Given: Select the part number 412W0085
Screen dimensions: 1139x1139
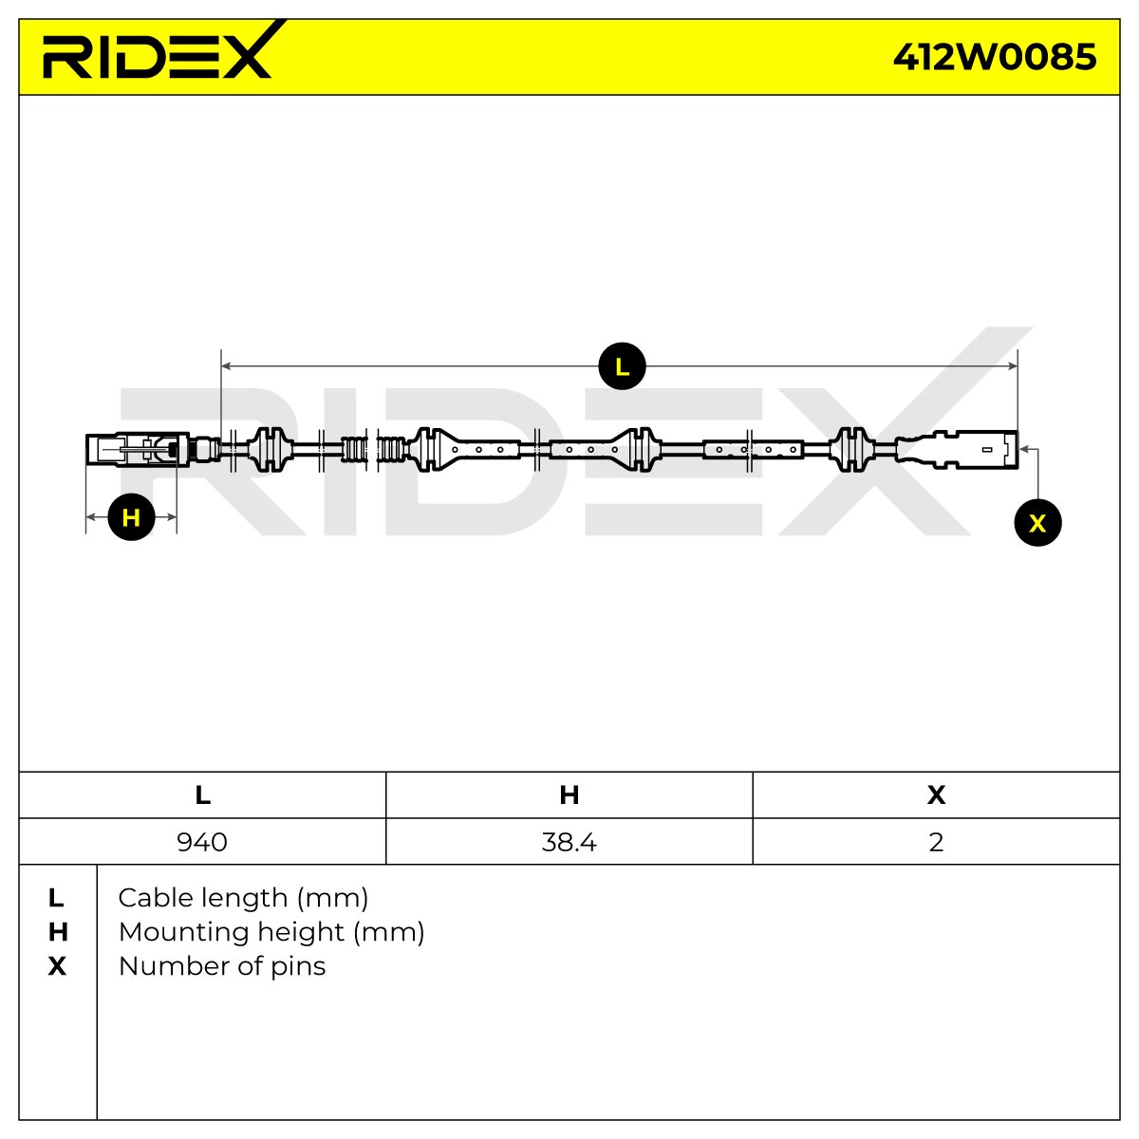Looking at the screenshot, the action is tap(994, 57).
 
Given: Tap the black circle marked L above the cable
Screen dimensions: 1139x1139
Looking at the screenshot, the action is tap(622, 365).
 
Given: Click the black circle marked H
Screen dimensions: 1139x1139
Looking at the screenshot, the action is tap(131, 517).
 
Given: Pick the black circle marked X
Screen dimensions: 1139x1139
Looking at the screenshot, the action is tap(1037, 522).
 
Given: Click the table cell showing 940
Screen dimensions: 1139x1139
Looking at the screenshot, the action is tap(202, 842).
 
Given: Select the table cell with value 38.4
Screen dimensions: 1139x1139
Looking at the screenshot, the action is tap(569, 842).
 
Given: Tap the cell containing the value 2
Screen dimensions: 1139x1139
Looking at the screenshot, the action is tap(936, 842).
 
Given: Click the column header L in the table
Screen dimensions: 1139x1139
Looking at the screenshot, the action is tap(202, 795).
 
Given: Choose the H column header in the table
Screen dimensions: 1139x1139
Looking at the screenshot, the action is tap(569, 795).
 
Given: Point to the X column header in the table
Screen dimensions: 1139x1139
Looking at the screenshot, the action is tap(936, 795).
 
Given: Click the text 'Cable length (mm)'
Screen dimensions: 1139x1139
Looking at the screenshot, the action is tap(243, 899).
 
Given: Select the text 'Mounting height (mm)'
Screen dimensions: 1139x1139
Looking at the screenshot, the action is tap(271, 933).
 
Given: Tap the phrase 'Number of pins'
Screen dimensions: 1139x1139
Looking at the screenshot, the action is tap(222, 966).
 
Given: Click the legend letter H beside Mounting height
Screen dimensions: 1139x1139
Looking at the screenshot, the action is tap(57, 932).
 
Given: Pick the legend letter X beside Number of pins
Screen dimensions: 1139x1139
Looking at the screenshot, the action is tap(57, 966).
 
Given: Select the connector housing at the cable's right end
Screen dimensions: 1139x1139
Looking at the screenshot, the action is tap(958, 450).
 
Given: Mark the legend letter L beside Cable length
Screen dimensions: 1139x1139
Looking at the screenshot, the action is tap(56, 899).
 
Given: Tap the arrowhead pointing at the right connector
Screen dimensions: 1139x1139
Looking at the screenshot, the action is tap(1024, 449).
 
